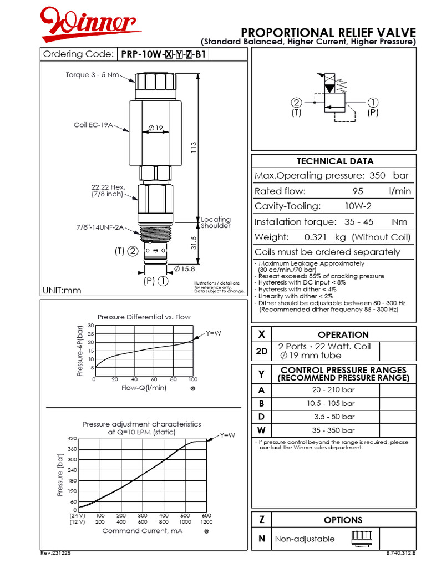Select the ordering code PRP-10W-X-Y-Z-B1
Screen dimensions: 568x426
[164, 54]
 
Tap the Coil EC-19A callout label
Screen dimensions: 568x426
[93, 125]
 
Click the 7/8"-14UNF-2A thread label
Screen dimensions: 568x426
[99, 227]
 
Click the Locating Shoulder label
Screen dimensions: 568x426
[216, 222]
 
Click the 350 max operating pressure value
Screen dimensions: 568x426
[377, 175]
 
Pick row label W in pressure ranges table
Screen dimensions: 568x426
[262, 430]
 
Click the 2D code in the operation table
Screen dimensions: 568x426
[262, 351]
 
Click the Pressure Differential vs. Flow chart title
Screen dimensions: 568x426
[144, 317]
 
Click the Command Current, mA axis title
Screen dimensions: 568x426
[143, 531]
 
